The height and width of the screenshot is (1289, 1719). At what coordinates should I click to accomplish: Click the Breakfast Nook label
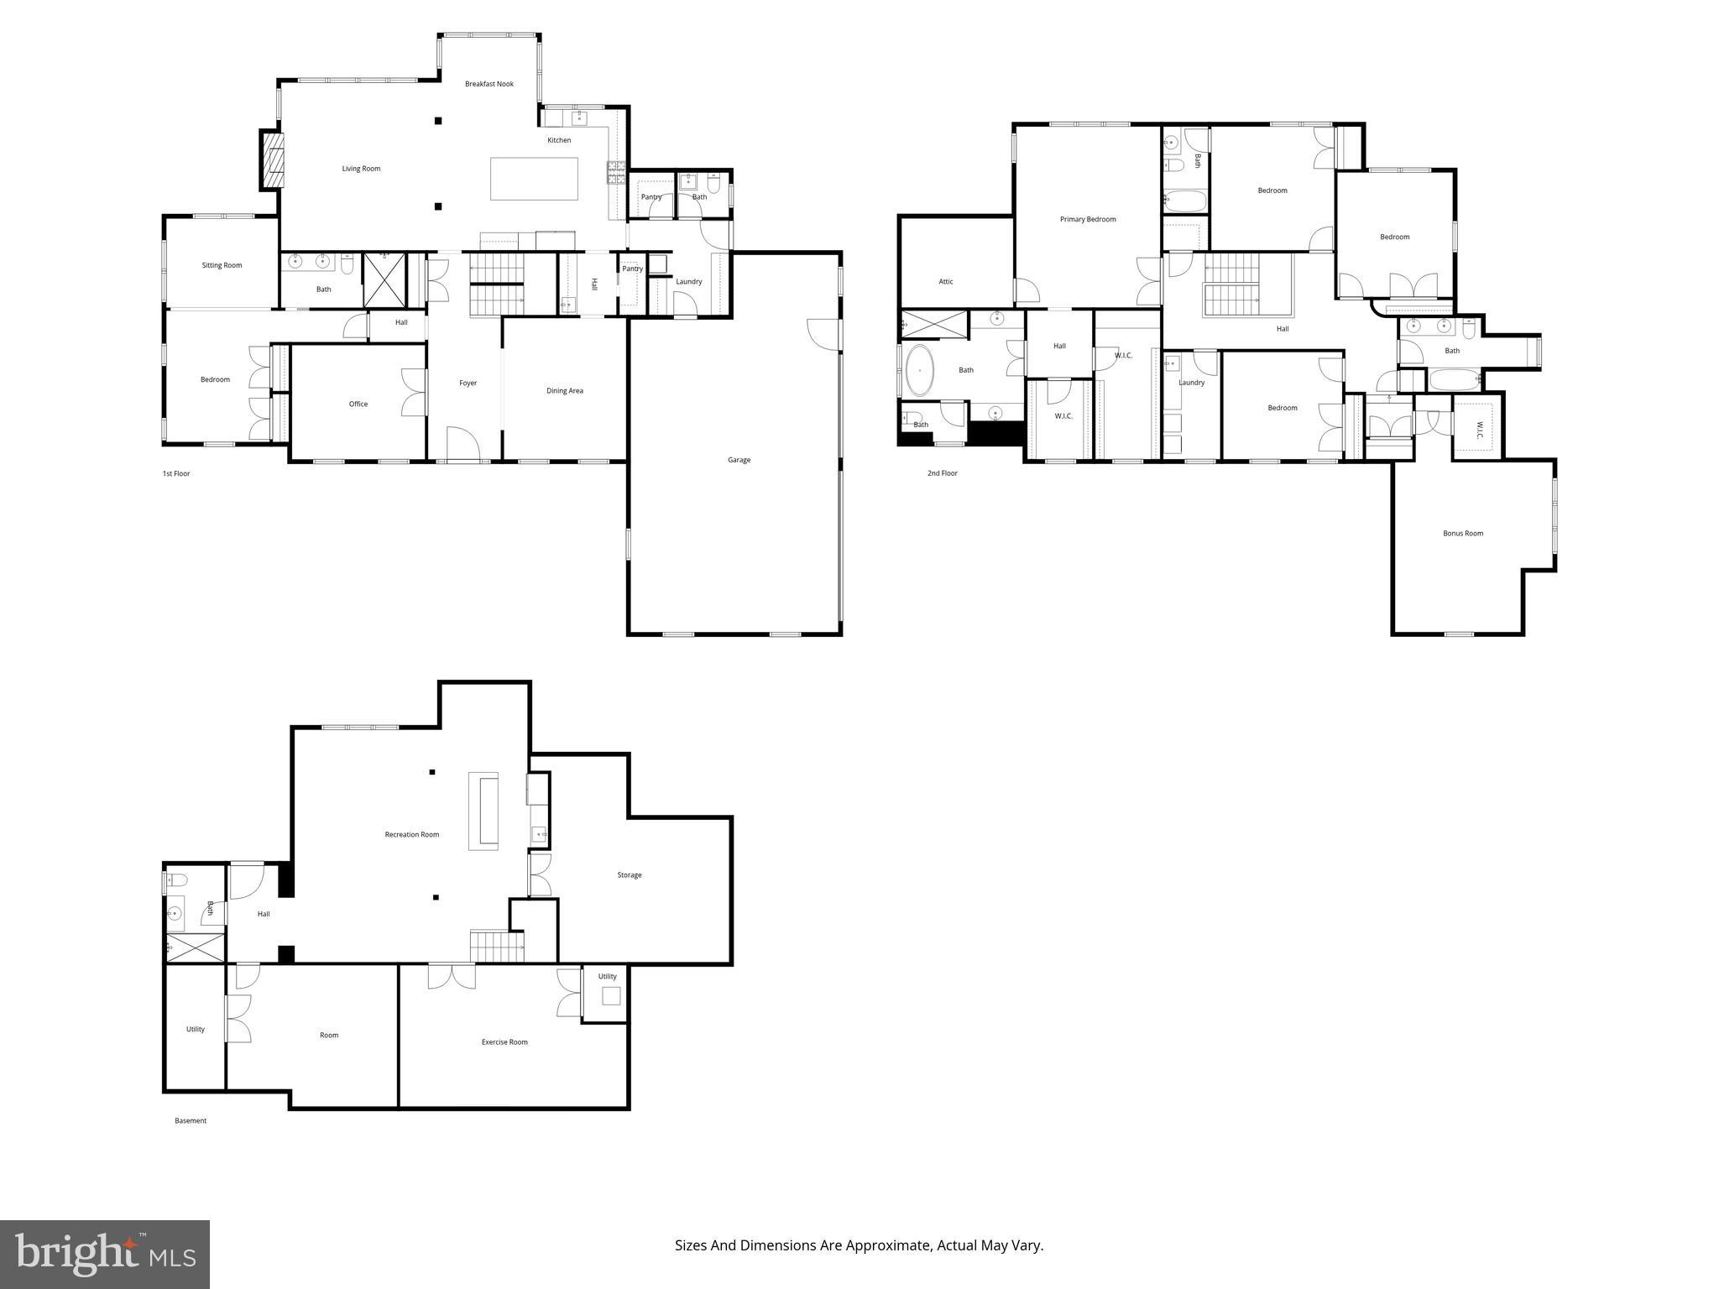tap(489, 84)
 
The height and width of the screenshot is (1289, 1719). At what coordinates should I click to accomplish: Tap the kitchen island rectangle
tap(534, 179)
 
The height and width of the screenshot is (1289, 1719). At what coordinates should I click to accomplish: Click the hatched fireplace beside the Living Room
tap(272, 159)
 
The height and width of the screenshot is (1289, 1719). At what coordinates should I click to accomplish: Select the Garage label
tap(739, 460)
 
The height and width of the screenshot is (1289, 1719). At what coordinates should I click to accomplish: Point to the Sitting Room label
tap(222, 265)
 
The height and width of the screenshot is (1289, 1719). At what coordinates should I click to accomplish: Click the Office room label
tap(358, 404)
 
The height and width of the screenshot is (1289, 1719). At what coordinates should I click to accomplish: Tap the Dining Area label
tap(564, 390)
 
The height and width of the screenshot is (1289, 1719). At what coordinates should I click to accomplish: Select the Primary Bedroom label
tap(1088, 219)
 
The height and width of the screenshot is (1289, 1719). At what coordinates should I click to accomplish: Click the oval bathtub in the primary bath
tap(920, 370)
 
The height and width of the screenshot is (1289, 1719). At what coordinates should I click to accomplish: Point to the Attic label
tap(946, 282)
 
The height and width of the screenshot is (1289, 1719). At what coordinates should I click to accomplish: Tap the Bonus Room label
tap(1463, 533)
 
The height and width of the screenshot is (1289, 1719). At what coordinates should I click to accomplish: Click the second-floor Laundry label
tap(1191, 383)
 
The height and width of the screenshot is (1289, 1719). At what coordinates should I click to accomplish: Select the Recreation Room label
tap(412, 834)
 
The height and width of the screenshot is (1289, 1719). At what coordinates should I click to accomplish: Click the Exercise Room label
tap(504, 1042)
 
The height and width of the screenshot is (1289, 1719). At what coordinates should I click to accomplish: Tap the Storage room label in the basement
tap(630, 875)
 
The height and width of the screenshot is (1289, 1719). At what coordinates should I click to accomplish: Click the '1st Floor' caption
tap(176, 473)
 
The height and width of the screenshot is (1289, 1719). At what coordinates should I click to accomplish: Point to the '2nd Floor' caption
tap(942, 473)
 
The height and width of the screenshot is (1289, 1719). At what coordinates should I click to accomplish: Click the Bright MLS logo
tap(105, 1255)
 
